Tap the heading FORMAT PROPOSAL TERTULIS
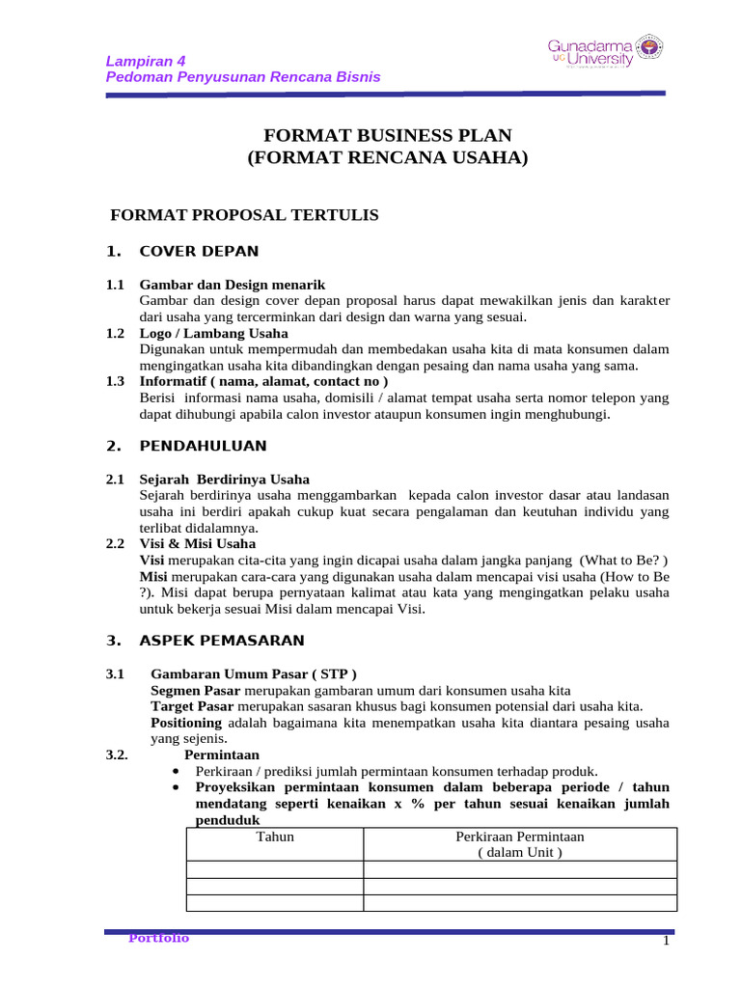pos(245,215)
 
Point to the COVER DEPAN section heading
pos(199,252)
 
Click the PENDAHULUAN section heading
pos(203,446)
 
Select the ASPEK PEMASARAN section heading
pos(222,640)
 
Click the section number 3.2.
pos(118,755)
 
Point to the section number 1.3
pos(116,381)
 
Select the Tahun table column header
pos(275,837)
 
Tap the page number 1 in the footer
pos(666,942)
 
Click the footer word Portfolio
pos(159,938)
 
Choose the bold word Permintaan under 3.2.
pos(221,755)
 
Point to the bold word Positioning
pos(186,723)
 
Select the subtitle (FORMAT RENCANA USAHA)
pos(388,159)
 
